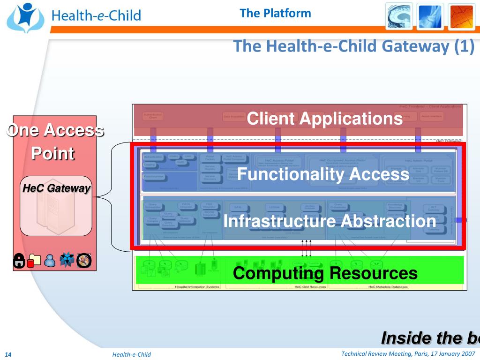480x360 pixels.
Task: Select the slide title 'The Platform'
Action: point(275,13)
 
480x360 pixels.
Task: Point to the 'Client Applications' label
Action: point(324,119)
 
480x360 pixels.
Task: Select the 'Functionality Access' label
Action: point(323,174)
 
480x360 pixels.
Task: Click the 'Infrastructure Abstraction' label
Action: point(330,221)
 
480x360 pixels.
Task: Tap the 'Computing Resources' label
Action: point(325,272)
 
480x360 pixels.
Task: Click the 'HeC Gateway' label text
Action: point(56,188)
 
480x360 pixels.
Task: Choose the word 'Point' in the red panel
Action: point(53,153)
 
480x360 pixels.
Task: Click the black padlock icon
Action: point(19,261)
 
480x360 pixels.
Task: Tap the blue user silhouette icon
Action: point(50,261)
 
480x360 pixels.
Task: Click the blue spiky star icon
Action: point(67,260)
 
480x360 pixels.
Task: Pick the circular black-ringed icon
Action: point(84,260)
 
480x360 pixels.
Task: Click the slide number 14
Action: point(8,354)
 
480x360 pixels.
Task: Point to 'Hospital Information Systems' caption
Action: point(197,287)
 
